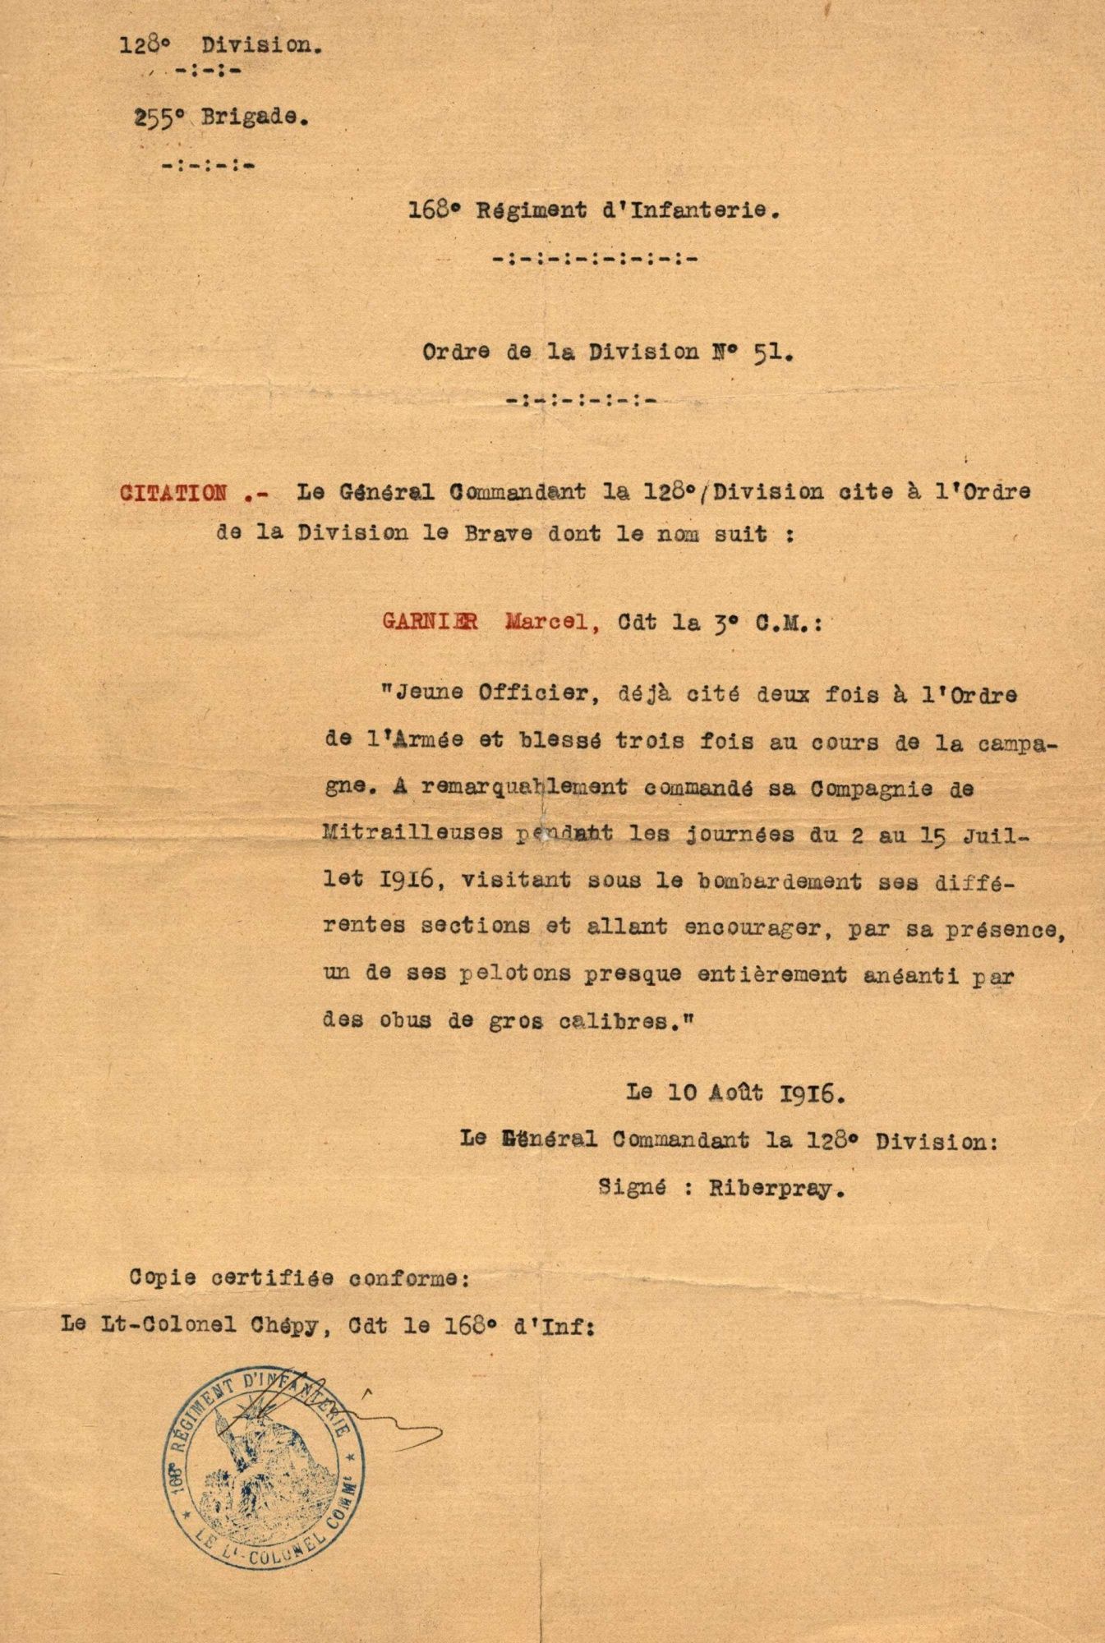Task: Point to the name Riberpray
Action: [x=776, y=1188]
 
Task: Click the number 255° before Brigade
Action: [x=158, y=117]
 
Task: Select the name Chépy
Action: [x=289, y=1324]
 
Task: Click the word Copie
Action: [x=160, y=1279]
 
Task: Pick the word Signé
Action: [x=629, y=1188]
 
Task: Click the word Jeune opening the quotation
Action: [x=430, y=693]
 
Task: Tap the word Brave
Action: [x=527, y=534]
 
